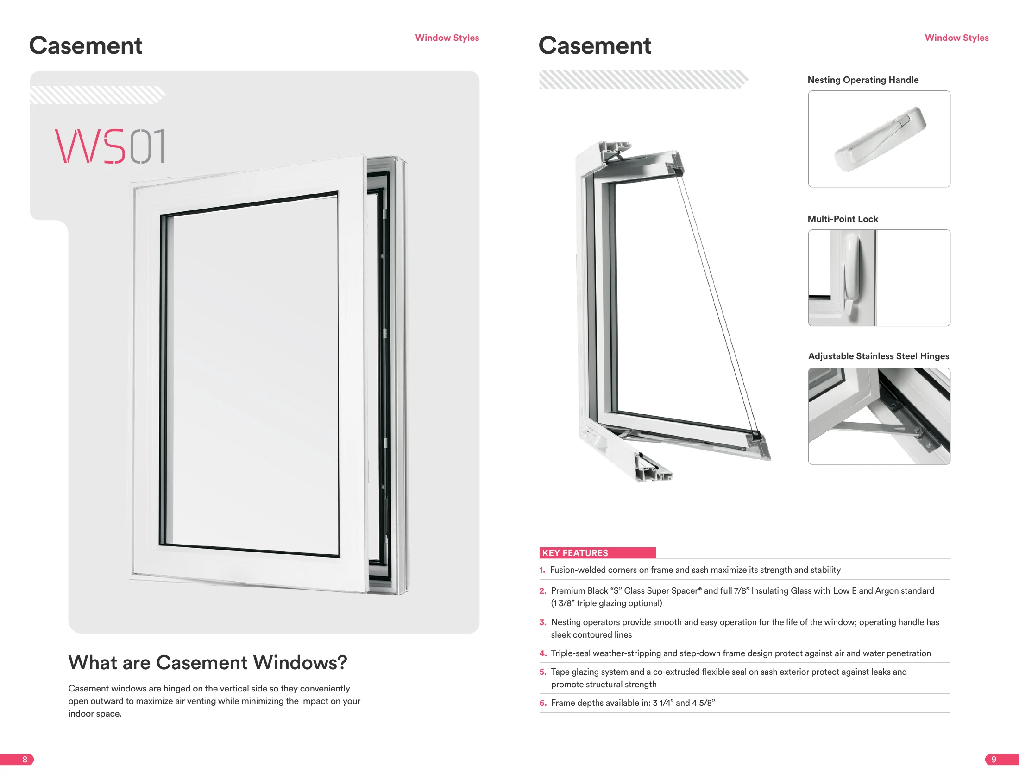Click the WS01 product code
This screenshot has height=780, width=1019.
tap(110, 146)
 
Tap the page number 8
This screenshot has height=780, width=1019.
tap(25, 760)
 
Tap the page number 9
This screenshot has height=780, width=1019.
tap(994, 760)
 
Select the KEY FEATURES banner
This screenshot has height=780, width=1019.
tap(597, 553)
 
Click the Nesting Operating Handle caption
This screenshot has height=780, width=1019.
tap(862, 80)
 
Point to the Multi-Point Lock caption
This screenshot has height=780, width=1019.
tap(843, 219)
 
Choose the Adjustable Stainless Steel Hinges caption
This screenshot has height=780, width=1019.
tap(878, 356)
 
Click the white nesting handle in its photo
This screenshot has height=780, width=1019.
tap(880, 140)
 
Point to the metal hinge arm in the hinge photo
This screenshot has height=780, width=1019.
tap(872, 428)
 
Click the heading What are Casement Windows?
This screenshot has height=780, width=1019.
tap(208, 663)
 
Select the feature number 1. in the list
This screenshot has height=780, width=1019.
tap(542, 570)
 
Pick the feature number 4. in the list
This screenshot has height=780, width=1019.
tap(543, 654)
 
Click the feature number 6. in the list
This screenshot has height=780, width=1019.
tap(543, 704)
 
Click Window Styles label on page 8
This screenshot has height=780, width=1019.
tap(447, 38)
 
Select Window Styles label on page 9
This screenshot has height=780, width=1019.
tap(956, 38)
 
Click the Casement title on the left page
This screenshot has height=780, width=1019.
tap(86, 45)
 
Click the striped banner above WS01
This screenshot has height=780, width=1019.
tap(97, 95)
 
